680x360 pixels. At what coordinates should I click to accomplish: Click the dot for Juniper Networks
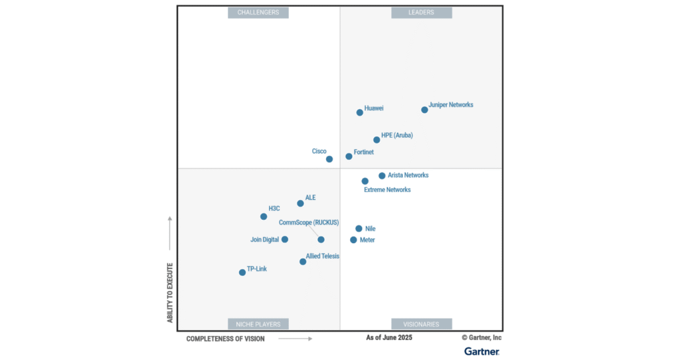424,110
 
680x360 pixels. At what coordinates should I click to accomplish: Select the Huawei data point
360,112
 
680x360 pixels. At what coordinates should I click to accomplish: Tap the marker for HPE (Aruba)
377,139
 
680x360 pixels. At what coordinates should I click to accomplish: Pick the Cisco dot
329,159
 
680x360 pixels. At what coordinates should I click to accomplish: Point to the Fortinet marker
349,156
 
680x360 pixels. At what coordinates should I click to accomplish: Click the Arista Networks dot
382,176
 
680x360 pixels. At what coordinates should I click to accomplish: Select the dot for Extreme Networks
365,181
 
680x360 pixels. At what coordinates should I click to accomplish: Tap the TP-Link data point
242,272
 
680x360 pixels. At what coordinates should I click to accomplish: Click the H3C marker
264,217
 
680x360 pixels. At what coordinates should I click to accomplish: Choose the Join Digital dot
285,239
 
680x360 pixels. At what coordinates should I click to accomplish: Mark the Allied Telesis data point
303,262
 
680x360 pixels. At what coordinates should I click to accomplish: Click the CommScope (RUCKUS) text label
309,223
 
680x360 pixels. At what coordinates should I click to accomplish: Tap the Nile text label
370,229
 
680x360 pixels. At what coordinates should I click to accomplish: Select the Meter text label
367,240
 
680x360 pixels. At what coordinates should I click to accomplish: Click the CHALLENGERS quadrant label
258,13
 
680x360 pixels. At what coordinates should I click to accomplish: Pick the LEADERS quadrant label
421,13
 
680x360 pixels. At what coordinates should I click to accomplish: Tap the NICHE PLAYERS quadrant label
258,324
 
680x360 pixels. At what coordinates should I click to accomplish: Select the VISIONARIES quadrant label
421,324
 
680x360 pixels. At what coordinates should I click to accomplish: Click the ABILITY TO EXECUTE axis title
170,293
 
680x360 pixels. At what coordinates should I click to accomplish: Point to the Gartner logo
481,351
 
